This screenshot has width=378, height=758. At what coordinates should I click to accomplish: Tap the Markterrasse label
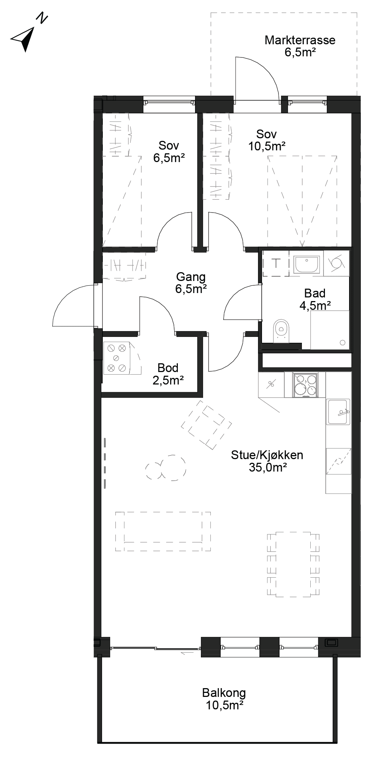[300, 40]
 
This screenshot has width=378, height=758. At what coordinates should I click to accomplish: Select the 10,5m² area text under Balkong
[225, 705]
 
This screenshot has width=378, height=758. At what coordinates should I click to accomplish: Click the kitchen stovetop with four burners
[305, 384]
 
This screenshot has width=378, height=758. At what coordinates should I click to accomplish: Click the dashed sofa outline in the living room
[163, 531]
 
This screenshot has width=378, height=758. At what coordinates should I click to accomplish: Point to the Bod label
[168, 367]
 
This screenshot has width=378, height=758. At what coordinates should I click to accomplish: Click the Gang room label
[191, 277]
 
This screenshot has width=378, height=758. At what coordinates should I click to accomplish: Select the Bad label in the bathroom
[315, 293]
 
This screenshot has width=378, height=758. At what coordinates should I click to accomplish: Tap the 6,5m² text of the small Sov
[169, 158]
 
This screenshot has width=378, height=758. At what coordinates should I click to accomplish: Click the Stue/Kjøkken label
[267, 455]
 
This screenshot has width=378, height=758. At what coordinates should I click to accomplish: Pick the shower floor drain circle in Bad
[343, 343]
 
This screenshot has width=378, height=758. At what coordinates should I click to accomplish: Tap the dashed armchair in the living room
[207, 425]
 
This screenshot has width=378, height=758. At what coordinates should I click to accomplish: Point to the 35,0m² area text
[267, 467]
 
